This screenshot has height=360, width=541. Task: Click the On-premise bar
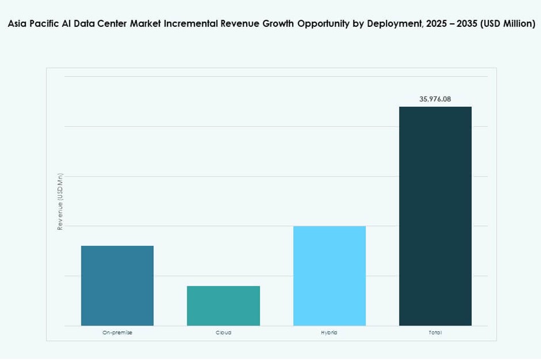117,286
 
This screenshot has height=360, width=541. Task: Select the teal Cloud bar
223,306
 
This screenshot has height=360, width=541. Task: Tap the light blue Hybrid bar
329,276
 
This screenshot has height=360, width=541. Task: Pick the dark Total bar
435,216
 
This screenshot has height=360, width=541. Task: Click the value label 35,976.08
435,99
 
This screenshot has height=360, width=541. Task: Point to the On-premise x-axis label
117,333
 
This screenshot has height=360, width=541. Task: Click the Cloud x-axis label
223,333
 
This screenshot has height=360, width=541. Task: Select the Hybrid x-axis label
329,333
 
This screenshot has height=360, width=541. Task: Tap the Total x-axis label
435,333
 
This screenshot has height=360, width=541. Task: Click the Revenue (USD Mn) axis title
60,202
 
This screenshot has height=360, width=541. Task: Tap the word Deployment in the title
391,24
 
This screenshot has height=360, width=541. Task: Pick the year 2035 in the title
467,24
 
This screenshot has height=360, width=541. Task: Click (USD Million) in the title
508,24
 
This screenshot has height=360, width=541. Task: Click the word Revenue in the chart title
240,24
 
